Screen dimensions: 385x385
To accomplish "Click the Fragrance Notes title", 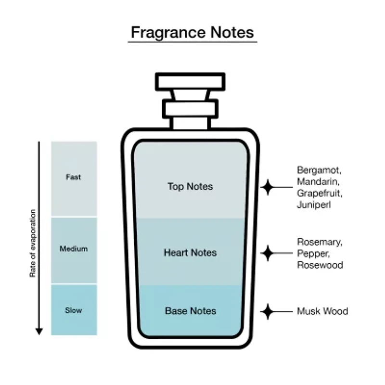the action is (192, 32).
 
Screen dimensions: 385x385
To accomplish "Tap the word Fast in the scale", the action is (74, 177).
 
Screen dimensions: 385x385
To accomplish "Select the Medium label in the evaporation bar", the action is (74, 249).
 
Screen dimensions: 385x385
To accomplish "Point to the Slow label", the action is (74, 310).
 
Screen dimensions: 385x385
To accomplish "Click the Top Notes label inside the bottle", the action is (190, 187).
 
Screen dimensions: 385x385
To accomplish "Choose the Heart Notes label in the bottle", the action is (190, 253).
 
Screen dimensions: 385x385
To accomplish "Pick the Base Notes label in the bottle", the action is (191, 311).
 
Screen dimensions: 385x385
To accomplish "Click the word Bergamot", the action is (319, 170).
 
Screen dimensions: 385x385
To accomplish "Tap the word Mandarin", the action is (318, 182).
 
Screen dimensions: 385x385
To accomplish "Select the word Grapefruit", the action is (320, 193).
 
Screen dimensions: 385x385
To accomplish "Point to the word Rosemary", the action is (320, 242).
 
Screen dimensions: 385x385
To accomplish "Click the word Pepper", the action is (313, 254).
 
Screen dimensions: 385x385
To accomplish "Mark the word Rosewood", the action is (320, 265).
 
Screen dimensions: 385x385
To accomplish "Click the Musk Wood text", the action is (322, 311).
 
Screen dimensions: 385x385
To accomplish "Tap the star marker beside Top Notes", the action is (268, 187).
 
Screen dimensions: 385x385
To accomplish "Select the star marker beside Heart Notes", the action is (268, 253).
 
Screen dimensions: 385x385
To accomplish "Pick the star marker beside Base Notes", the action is (268, 311).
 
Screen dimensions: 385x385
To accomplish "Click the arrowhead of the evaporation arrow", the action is (39, 332).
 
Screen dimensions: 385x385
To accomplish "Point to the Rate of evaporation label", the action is (33, 243).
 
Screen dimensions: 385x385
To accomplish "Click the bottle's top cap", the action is (190, 81).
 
